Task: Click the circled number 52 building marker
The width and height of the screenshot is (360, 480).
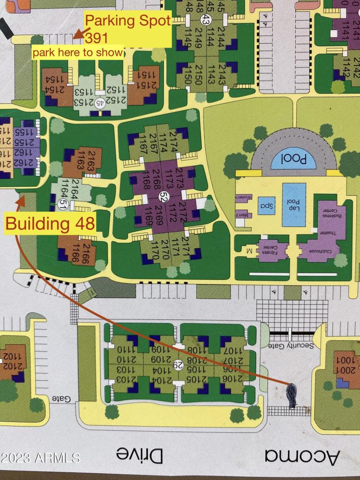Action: click(x=163, y=196)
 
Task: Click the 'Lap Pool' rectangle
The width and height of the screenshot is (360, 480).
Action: click(x=294, y=205)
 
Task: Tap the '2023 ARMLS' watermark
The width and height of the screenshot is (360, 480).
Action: click(x=40, y=458)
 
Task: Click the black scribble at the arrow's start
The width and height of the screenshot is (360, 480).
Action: click(x=292, y=395)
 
